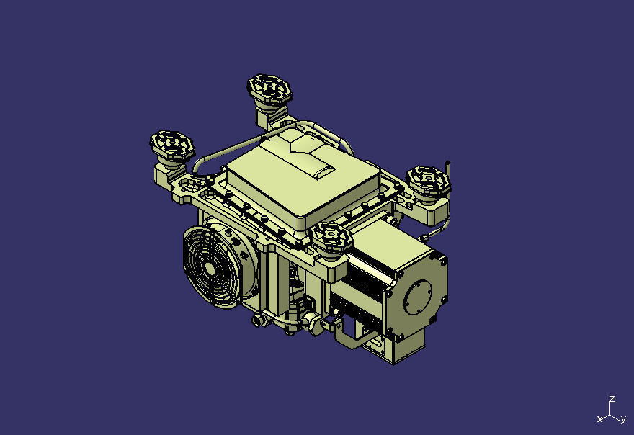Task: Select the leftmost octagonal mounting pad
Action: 172,145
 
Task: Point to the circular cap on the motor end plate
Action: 418,297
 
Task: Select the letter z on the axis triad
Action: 612,400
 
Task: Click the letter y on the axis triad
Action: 623,420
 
